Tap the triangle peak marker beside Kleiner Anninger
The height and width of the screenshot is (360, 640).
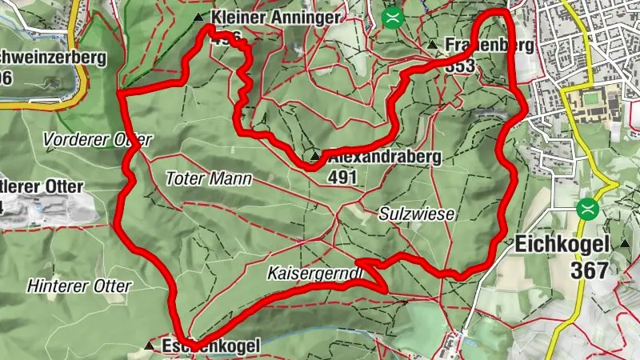tap(198, 17)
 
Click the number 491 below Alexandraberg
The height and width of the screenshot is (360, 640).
tap(342, 177)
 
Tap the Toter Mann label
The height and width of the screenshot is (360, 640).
tap(209, 178)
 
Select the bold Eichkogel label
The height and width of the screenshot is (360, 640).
tap(562, 244)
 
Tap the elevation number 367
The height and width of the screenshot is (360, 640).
tap(590, 270)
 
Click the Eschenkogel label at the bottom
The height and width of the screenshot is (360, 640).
tap(211, 346)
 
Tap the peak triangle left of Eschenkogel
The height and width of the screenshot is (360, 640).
tap(150, 346)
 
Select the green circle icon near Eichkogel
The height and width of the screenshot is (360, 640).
tap(589, 210)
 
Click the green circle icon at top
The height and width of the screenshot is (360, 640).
tap(392, 18)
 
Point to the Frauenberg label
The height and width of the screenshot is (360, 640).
tap(487, 45)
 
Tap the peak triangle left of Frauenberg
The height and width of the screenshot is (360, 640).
tap(432, 45)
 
